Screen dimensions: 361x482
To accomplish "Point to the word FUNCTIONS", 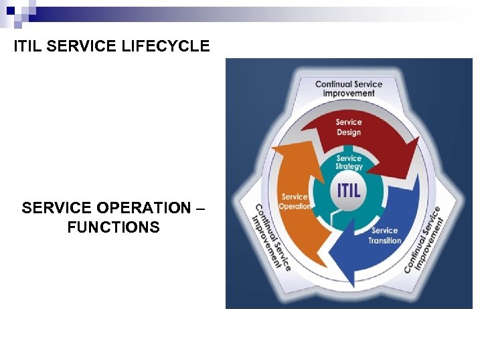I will [x=113, y=227].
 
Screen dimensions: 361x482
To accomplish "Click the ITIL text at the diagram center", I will [x=349, y=189].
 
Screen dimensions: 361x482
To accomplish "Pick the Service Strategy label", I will [x=349, y=162].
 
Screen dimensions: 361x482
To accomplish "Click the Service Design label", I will [x=348, y=127].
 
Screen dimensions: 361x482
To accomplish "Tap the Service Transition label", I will [x=384, y=235].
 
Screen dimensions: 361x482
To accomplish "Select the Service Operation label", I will [x=295, y=201].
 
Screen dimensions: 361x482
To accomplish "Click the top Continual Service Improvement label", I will [x=349, y=89].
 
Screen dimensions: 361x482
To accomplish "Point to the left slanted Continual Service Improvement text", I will [x=272, y=237].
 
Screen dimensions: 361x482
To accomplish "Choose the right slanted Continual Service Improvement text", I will [x=424, y=239].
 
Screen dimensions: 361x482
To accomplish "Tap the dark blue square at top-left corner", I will [x=11, y=11].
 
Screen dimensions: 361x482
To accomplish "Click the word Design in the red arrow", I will [x=349, y=132].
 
